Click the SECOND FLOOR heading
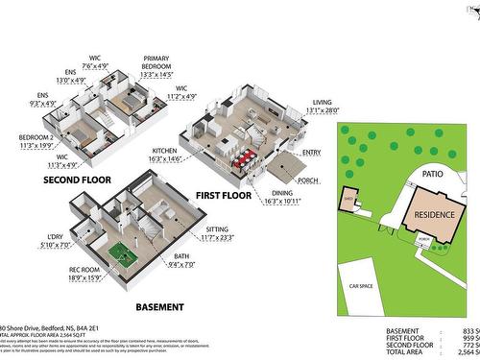(x=75, y=180)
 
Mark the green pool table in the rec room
(x=122, y=253)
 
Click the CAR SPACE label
(x=361, y=286)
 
